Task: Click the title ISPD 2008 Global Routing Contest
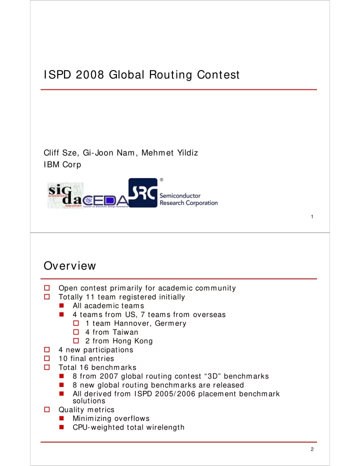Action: point(141,75)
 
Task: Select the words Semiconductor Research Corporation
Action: point(188,199)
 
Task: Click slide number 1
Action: point(311,216)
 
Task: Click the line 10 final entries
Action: point(85,358)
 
